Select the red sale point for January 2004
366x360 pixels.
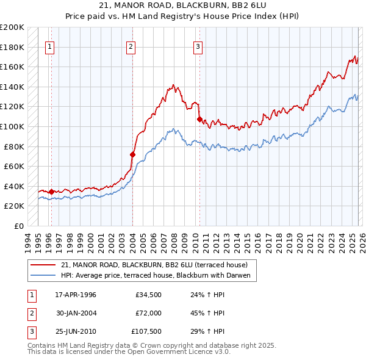[132, 154]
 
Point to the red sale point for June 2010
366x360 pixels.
[199, 119]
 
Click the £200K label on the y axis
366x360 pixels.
[12, 27]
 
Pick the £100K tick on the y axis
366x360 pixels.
[12, 126]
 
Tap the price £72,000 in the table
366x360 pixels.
[148, 313]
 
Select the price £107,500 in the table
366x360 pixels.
[146, 331]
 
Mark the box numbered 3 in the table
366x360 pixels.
[31, 331]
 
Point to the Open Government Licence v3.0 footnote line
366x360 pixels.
[129, 352]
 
